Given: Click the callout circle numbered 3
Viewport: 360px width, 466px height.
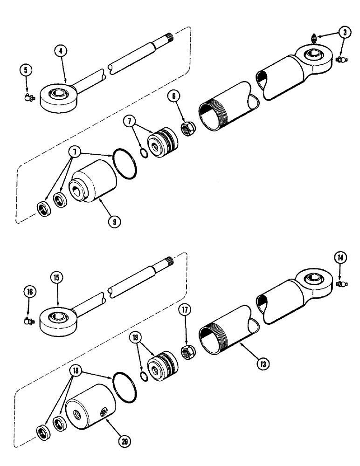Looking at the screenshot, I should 344,33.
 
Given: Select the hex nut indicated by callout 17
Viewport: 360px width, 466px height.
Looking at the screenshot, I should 189,340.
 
